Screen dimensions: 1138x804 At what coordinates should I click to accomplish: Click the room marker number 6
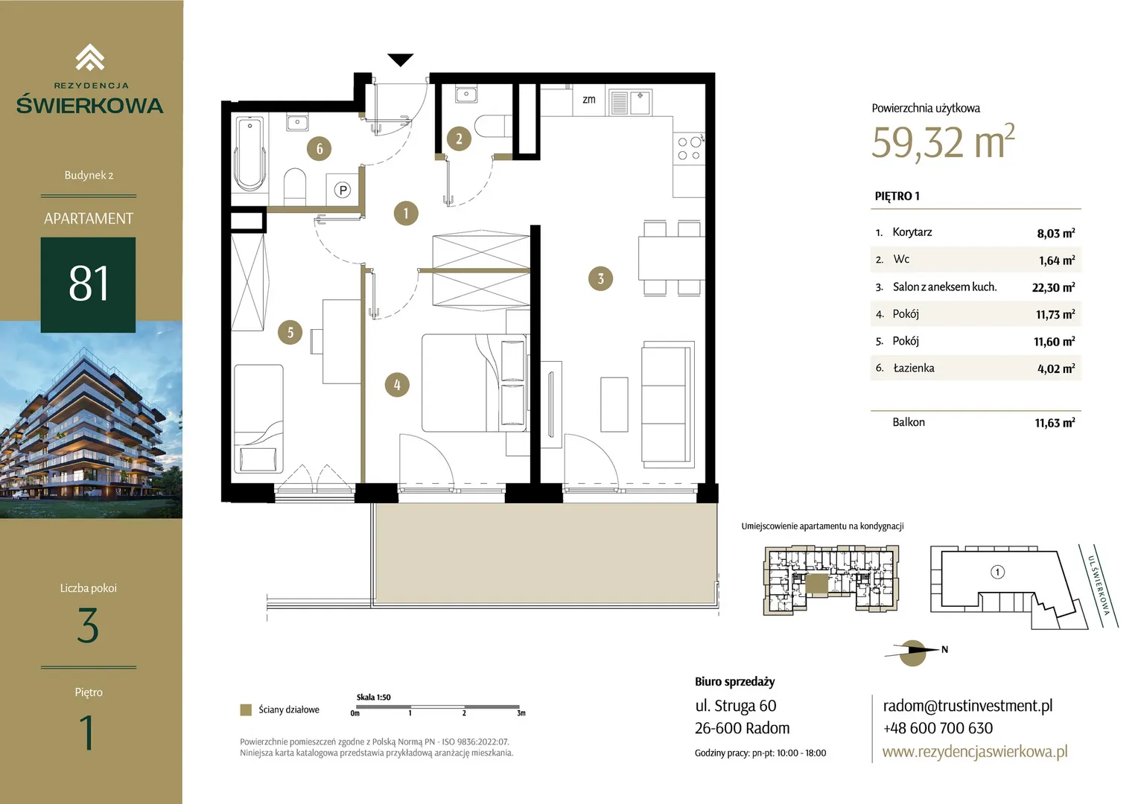(x=319, y=148)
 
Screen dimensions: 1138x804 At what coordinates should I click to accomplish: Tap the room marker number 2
(x=459, y=138)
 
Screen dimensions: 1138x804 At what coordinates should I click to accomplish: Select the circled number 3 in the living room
(x=600, y=278)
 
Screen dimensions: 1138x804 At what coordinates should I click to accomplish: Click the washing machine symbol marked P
(x=343, y=190)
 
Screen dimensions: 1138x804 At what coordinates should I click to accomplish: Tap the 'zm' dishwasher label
(x=589, y=100)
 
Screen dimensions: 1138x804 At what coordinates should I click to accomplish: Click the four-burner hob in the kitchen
(x=689, y=149)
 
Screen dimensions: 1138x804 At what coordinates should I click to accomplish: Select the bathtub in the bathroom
(x=249, y=153)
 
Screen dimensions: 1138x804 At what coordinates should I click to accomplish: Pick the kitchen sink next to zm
(x=631, y=103)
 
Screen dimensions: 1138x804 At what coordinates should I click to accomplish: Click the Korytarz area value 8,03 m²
(x=1055, y=233)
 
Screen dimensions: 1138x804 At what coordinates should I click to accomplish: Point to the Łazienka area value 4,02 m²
(x=1055, y=368)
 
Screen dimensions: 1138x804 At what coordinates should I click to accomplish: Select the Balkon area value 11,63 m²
(x=1055, y=423)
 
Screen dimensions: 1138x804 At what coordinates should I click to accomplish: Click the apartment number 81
(x=89, y=284)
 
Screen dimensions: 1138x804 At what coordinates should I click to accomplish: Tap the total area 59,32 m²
(x=943, y=142)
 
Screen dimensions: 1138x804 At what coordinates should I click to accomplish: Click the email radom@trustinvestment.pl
(x=967, y=706)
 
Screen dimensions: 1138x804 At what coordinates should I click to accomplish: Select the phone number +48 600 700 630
(x=938, y=728)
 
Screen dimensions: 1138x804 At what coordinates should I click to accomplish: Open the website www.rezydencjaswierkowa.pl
(x=975, y=751)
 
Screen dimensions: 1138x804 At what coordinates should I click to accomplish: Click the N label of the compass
(x=944, y=649)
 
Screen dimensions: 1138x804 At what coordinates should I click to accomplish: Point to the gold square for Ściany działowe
(x=246, y=709)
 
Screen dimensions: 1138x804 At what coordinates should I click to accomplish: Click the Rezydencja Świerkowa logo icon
(x=90, y=57)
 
